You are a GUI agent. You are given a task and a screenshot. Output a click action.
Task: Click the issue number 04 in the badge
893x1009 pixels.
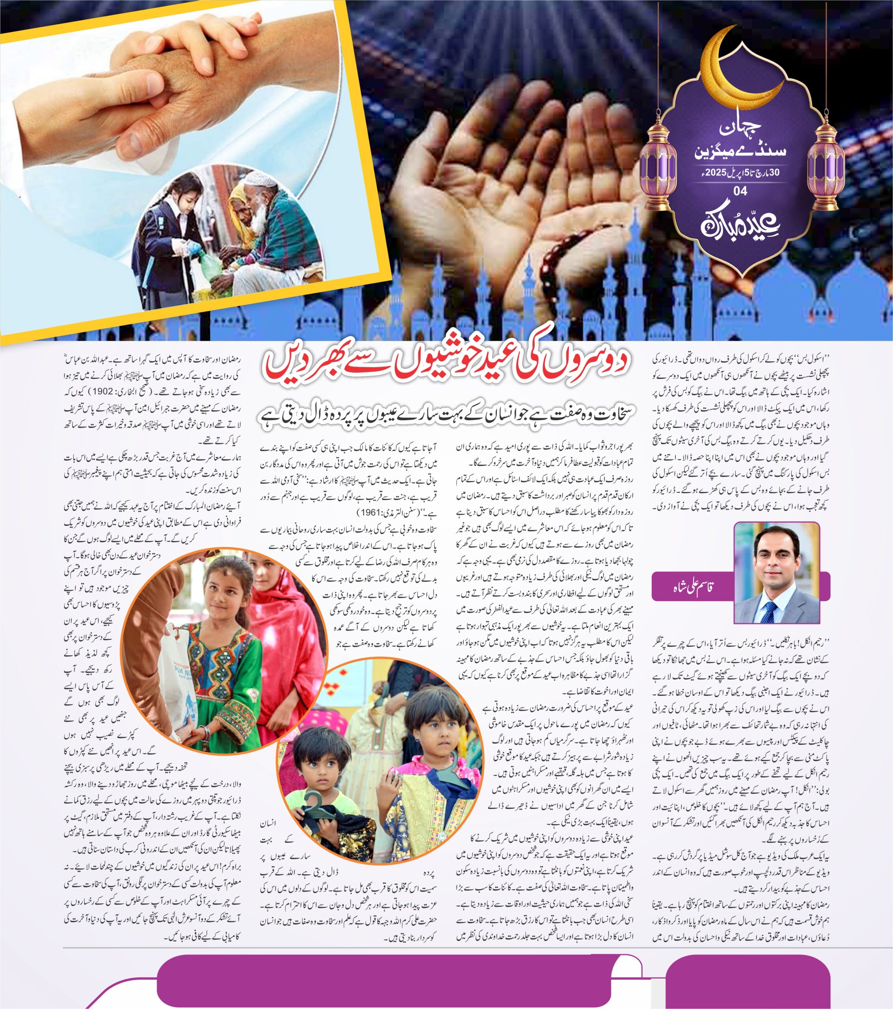(x=740, y=190)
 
